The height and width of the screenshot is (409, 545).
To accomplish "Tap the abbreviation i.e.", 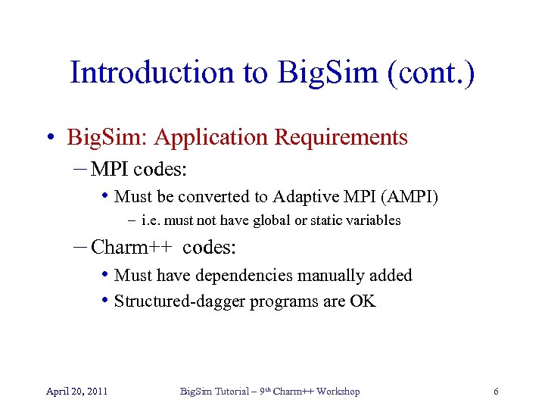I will (x=151, y=220).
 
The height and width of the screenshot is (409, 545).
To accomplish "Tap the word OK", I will (x=362, y=301).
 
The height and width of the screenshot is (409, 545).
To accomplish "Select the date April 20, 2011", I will (x=76, y=391).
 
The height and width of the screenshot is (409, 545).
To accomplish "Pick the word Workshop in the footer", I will (x=338, y=391).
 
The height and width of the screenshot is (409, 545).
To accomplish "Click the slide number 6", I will (x=496, y=391).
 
